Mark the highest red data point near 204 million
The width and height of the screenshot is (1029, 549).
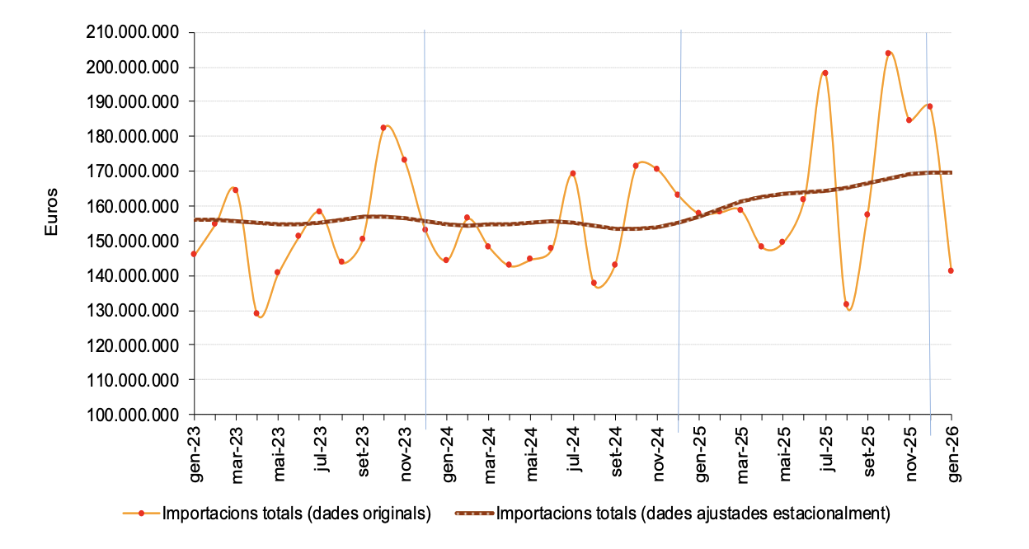888,54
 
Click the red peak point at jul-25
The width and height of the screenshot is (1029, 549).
825,73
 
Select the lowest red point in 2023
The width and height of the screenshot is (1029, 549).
256,313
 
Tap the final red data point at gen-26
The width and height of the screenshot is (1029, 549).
951,270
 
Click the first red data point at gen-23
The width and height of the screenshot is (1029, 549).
194,254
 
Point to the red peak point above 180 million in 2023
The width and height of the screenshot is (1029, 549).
383,128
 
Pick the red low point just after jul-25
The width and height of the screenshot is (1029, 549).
846,304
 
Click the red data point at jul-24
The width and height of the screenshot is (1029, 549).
572,173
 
